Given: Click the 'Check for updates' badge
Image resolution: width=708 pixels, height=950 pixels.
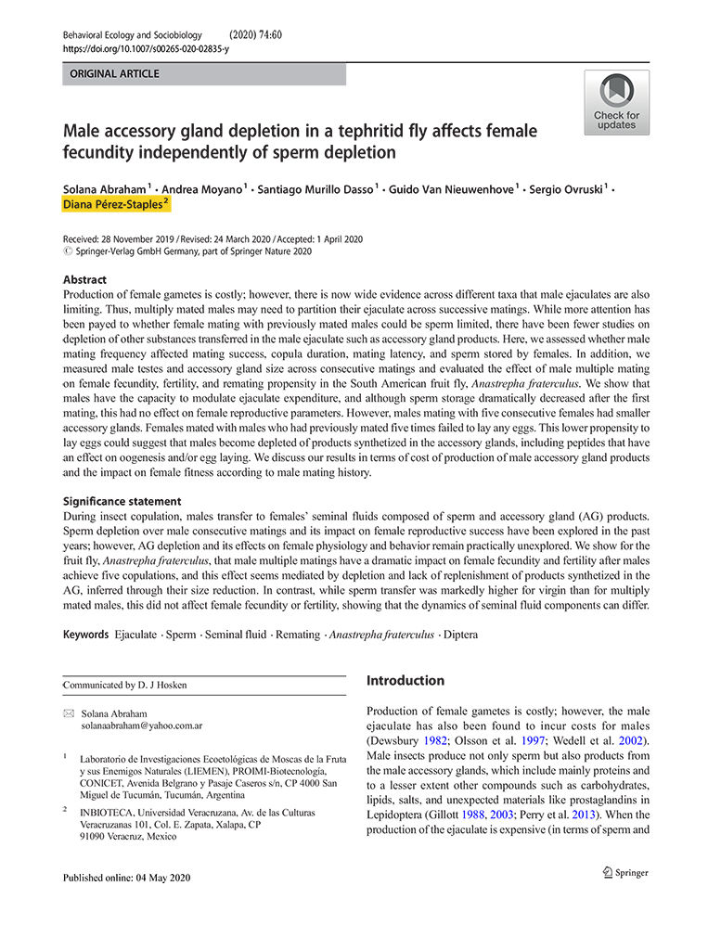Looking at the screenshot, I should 616,102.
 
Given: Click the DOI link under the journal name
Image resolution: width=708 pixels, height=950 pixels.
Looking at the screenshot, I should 146,48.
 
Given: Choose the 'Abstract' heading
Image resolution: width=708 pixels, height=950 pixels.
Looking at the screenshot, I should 84,279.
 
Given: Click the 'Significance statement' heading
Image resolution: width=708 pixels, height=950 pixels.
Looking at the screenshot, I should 122,501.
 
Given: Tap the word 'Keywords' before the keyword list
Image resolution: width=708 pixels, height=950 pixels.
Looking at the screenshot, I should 85,635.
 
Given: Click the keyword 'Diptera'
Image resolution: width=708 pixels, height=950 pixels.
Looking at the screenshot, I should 460,635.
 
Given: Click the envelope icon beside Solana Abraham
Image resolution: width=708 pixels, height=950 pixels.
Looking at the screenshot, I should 68,713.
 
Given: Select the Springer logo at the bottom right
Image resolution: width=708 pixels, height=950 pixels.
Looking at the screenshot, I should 624,872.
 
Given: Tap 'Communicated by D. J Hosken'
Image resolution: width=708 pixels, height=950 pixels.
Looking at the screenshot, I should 124,685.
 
